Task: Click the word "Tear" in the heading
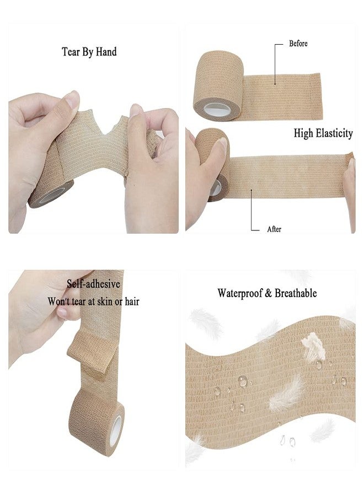click(71, 52)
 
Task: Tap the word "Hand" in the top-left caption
click(106, 51)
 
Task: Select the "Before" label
click(298, 44)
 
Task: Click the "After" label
click(274, 229)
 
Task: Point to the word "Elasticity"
click(335, 133)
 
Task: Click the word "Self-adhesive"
click(93, 284)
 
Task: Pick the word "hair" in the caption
click(132, 301)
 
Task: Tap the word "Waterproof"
click(240, 293)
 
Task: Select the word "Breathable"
click(296, 293)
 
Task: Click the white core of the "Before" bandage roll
click(217, 110)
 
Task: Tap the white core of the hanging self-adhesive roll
click(116, 431)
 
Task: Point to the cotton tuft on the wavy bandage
click(313, 347)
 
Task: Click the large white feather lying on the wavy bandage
click(287, 394)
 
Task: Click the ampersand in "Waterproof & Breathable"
click(269, 294)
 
